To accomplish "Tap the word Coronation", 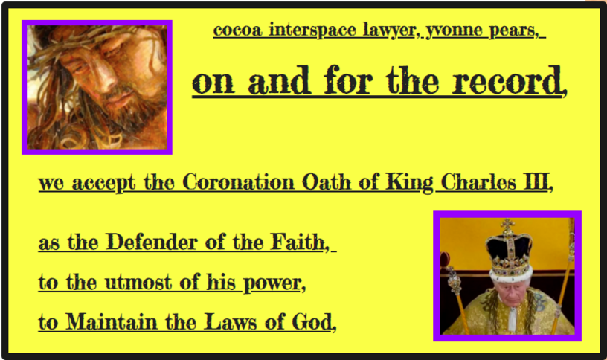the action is [238, 182].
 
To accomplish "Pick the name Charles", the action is [478, 182].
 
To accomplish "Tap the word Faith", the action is [300, 242].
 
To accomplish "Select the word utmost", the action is [138, 282].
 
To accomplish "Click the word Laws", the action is [231, 321].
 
